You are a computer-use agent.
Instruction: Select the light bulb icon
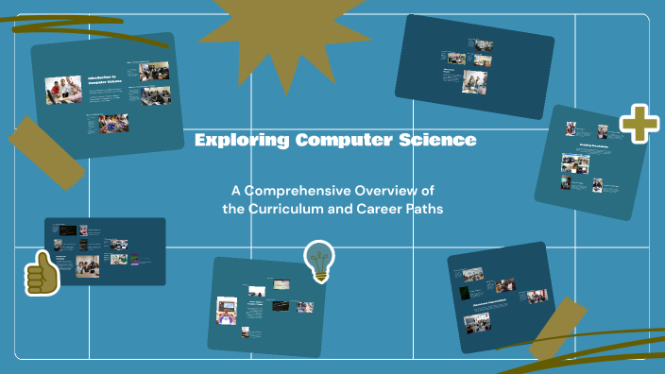click(319, 260)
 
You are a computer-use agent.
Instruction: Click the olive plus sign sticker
click(639, 124)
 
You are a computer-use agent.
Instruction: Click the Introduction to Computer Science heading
click(106, 81)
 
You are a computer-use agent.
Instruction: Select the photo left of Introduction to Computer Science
click(64, 91)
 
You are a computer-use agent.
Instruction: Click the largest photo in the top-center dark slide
click(474, 81)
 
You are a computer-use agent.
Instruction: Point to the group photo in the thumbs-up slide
click(87, 267)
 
